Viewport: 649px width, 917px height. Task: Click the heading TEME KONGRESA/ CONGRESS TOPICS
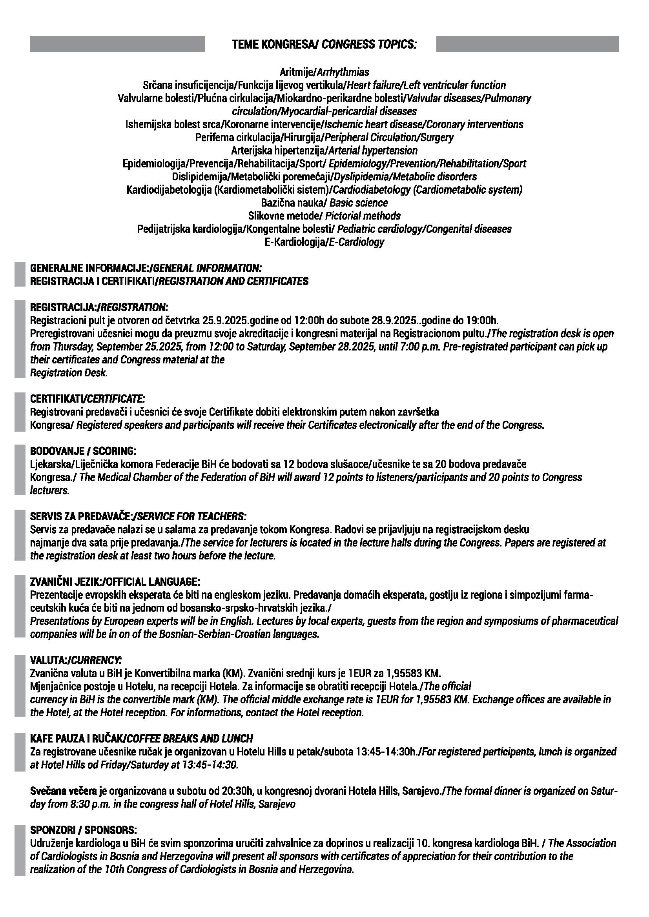324,44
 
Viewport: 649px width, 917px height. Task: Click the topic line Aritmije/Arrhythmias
324,72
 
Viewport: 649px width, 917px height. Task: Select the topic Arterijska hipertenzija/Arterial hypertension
324,151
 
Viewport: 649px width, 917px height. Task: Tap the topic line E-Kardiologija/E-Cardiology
324,242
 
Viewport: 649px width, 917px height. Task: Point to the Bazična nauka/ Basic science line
324,203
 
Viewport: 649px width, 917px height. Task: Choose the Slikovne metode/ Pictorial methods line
324,216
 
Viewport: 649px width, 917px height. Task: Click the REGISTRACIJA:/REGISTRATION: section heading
99,307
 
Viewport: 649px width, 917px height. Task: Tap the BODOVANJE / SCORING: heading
83,451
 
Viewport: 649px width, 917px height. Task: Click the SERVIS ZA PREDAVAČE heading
138,516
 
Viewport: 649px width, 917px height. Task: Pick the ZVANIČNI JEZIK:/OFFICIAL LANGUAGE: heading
115,581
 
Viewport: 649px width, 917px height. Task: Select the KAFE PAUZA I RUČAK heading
142,739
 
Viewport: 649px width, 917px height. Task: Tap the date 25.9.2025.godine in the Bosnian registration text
231,320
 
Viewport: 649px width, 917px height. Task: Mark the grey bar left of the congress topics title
117,44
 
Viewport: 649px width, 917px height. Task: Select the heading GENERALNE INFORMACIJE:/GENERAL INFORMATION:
146,268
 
